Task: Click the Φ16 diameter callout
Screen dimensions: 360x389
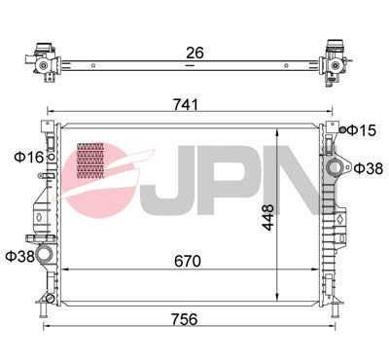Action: tap(26, 156)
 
